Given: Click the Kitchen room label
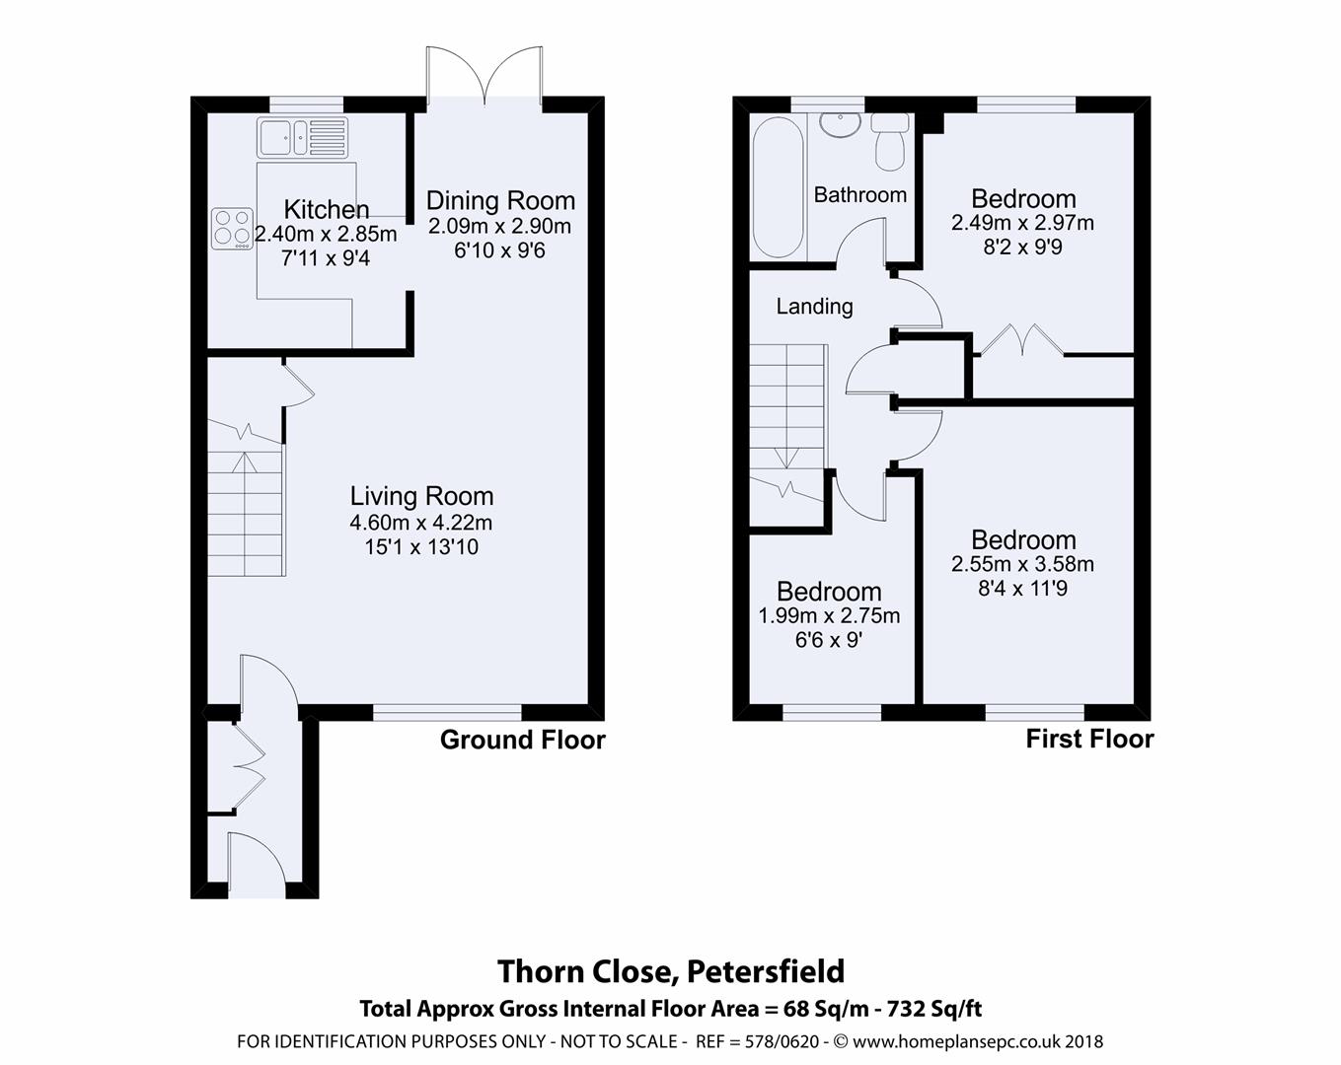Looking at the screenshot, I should (x=327, y=209).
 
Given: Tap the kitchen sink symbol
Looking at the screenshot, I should (x=302, y=137).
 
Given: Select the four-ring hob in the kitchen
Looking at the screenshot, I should (x=232, y=228).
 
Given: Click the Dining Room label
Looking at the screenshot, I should (x=500, y=200).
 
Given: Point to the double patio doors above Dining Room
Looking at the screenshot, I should (x=484, y=75).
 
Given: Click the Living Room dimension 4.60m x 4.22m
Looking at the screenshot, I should (x=421, y=523).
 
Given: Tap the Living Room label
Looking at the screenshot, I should (x=421, y=496).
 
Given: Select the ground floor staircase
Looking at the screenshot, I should (x=246, y=513).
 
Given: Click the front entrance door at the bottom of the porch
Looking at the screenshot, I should (x=254, y=864).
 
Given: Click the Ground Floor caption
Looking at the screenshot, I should (x=522, y=740).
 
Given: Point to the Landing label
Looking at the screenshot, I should (x=814, y=307).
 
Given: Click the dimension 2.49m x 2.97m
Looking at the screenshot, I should (x=1022, y=224).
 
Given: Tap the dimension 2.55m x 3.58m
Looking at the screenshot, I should (x=1022, y=565).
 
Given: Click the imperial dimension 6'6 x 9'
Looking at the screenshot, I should (x=828, y=640).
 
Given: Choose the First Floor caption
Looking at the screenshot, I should (x=1089, y=739).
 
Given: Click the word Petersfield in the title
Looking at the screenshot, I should (x=765, y=971).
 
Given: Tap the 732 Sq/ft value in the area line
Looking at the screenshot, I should (x=934, y=1009).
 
